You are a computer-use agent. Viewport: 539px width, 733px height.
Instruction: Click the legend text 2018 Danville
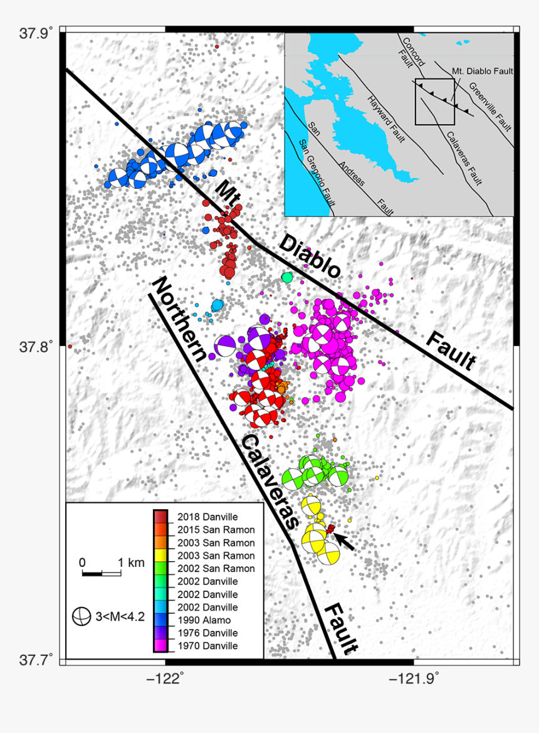(207, 517)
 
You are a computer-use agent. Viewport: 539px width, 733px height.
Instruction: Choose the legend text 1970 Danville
(207, 646)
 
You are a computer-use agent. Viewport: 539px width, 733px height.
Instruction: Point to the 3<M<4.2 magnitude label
(120, 617)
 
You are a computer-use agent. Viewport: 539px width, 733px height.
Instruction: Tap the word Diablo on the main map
(310, 256)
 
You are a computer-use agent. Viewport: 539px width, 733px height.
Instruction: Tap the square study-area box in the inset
(435, 102)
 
